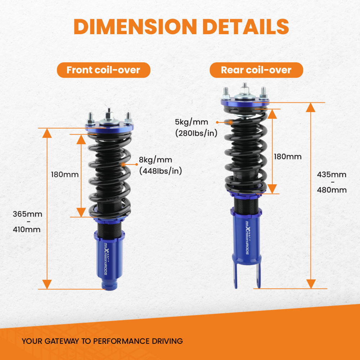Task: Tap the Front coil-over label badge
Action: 104,70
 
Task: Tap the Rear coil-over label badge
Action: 256,70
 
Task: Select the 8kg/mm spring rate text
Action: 156,160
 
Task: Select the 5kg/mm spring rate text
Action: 192,122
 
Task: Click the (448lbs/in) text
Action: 161,171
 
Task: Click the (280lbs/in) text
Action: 196,133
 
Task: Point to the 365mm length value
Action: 28,214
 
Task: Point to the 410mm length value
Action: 27,229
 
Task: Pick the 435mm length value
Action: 332,175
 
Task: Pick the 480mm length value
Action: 332,190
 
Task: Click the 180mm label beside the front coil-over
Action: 65,175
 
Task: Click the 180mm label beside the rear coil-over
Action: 288,157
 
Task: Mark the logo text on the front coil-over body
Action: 107,259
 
